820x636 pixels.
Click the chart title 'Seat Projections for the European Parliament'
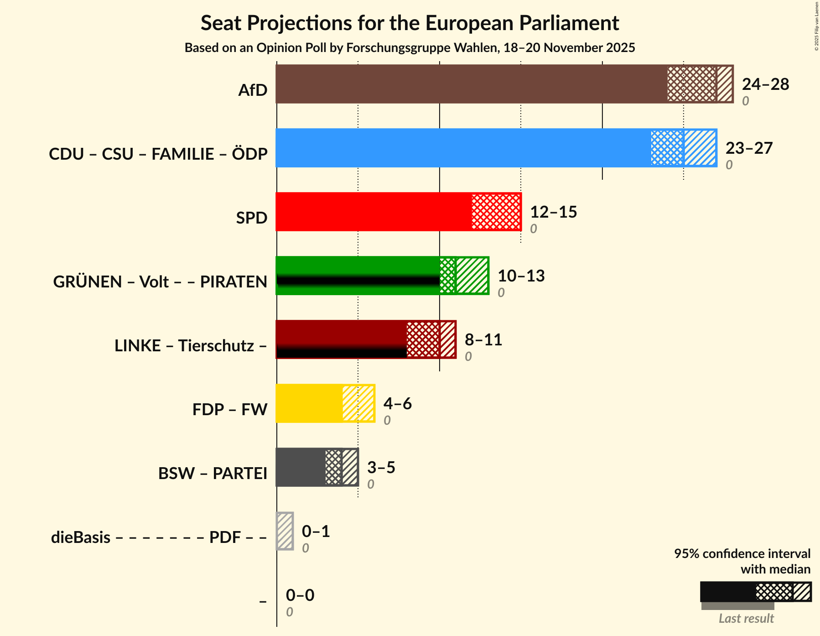coord(410,23)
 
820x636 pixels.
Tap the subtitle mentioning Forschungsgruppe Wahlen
coord(410,48)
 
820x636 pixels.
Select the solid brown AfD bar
coord(470,84)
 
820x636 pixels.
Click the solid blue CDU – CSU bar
coord(461,148)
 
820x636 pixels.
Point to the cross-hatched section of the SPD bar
coord(496,212)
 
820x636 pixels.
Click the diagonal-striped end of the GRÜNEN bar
coord(472,276)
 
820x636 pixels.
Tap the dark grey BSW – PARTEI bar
coord(300,467)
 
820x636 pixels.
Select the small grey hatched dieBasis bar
coord(285,531)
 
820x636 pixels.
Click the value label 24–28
coord(765,84)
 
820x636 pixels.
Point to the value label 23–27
coord(749,148)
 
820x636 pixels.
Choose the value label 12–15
coord(553,212)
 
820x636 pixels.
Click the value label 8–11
coord(483,340)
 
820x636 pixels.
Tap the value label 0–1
coord(316,532)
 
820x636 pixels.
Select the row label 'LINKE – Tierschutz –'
coord(191,346)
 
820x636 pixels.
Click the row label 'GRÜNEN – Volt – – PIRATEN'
coord(160,282)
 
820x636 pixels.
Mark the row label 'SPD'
coord(251,218)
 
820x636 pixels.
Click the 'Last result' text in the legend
coord(746,619)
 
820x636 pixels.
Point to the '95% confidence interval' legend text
coord(742,554)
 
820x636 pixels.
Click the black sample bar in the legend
coord(727,592)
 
